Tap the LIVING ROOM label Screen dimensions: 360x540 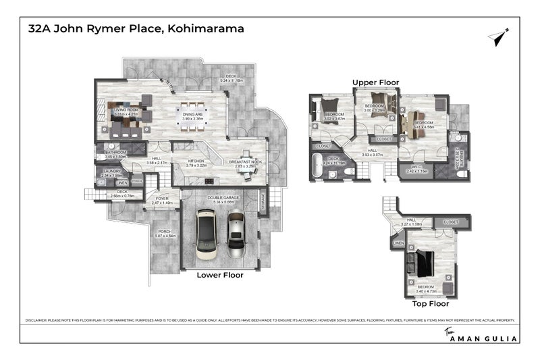126,111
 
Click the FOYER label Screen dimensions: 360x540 162,201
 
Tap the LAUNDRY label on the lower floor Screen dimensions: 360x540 112,172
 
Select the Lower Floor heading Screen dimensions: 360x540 219,275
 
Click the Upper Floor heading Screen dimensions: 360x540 375,82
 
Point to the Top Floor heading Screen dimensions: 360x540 430,304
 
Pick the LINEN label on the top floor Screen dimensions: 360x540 398,242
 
